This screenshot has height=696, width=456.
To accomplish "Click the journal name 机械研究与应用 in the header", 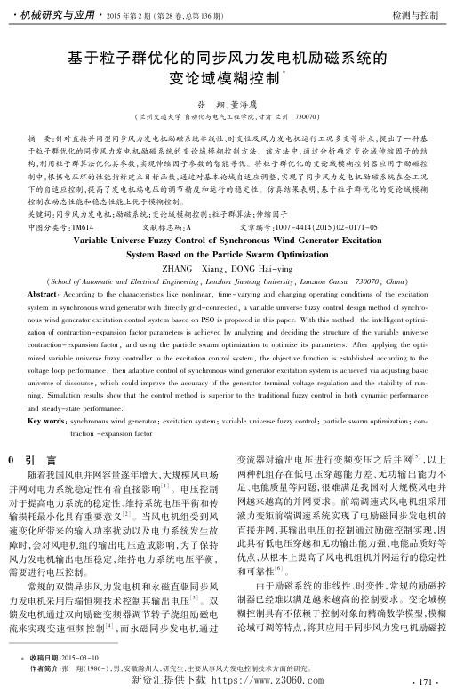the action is (50, 16).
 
